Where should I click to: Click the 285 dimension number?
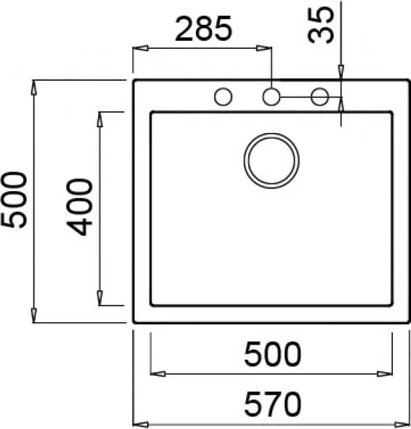[203, 29]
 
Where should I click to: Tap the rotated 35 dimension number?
[321, 25]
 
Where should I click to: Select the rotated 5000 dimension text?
[15, 200]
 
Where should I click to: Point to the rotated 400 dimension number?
[79, 207]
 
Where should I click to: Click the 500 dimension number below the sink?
[272, 354]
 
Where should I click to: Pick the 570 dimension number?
[272, 404]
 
